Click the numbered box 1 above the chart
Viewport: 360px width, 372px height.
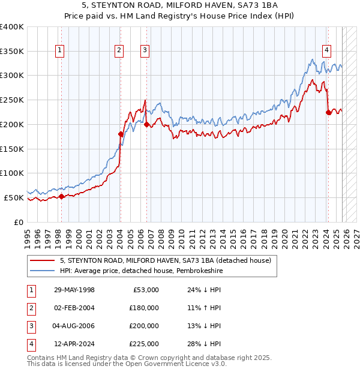click(61, 51)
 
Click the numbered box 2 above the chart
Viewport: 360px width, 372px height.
click(119, 51)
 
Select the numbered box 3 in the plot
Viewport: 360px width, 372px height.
click(145, 51)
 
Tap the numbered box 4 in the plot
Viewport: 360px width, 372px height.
click(326, 51)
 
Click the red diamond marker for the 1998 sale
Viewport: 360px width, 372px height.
click(62, 196)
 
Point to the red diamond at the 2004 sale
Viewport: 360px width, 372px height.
click(121, 134)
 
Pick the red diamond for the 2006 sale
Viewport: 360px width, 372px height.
click(146, 124)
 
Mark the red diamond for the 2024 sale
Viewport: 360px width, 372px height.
click(328, 112)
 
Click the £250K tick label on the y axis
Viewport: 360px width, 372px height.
click(12, 100)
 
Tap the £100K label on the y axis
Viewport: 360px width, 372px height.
click(12, 173)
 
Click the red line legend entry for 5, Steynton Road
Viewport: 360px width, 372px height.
click(166, 260)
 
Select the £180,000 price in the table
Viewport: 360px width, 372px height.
click(143, 308)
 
